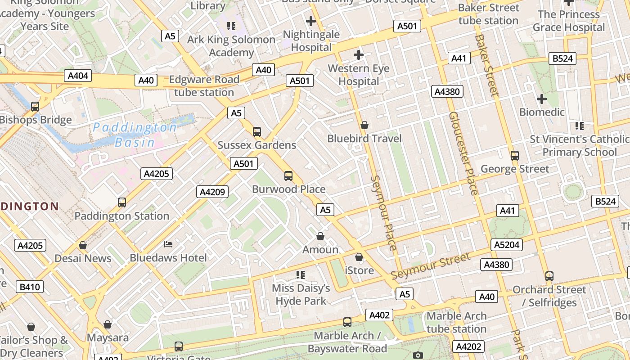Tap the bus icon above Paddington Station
tap(122, 202)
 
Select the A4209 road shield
tap(212, 192)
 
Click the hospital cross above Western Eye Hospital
tap(358, 55)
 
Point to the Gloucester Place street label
tap(463, 153)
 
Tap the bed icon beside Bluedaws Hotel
tap(168, 244)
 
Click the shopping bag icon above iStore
tap(359, 257)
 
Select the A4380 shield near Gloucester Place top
tap(447, 92)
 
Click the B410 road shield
tap(30, 287)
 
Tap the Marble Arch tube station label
tap(456, 322)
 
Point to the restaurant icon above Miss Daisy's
tap(301, 274)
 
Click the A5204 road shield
tap(507, 245)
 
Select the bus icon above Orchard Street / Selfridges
tap(549, 276)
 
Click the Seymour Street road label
tap(431, 266)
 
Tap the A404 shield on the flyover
tap(78, 76)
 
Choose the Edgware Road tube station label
tap(204, 86)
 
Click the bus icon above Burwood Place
tap(288, 176)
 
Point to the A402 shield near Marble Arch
tap(379, 315)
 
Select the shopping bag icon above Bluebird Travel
tap(364, 125)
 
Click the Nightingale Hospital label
tap(311, 41)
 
